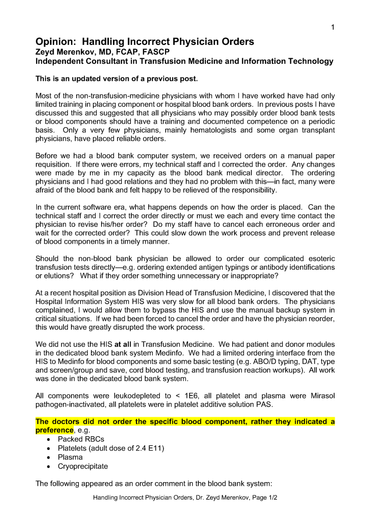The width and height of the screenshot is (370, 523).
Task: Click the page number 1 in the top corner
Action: coord(333,28)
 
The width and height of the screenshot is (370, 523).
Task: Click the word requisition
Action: coord(55,165)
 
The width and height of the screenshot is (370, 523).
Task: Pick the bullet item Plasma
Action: coord(70,458)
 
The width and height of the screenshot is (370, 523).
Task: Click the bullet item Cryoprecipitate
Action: coord(83,466)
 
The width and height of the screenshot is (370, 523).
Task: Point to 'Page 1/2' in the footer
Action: coord(263,497)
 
